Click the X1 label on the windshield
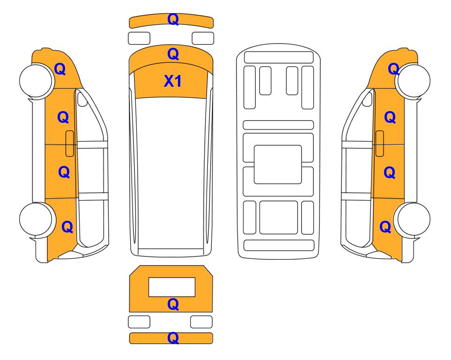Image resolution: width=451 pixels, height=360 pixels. (172, 81)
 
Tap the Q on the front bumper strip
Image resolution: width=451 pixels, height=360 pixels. (173, 19)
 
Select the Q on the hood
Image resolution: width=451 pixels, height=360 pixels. (173, 54)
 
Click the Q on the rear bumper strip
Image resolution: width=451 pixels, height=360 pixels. (173, 338)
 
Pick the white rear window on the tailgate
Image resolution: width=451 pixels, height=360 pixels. (172, 287)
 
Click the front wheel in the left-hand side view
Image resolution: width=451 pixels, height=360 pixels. (37, 80)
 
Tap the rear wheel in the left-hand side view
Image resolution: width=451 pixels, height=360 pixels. (37, 219)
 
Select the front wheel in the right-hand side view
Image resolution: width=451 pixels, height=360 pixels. (413, 80)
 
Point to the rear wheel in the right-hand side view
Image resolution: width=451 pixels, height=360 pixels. (413, 219)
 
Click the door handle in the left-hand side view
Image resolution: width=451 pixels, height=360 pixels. (70, 143)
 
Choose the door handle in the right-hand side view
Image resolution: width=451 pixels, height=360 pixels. (380, 143)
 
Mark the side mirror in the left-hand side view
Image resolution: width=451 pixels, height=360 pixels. (82, 99)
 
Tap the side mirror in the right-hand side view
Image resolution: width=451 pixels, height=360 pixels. (367, 99)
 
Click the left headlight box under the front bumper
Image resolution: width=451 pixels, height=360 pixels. (139, 38)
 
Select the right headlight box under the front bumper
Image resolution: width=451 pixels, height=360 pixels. (203, 38)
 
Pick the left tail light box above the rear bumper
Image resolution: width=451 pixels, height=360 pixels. (139, 322)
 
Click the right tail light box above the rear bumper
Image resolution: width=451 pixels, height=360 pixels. (201, 322)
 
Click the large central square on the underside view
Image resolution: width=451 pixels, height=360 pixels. (278, 165)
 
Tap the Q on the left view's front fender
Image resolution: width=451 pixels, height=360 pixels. (60, 69)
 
